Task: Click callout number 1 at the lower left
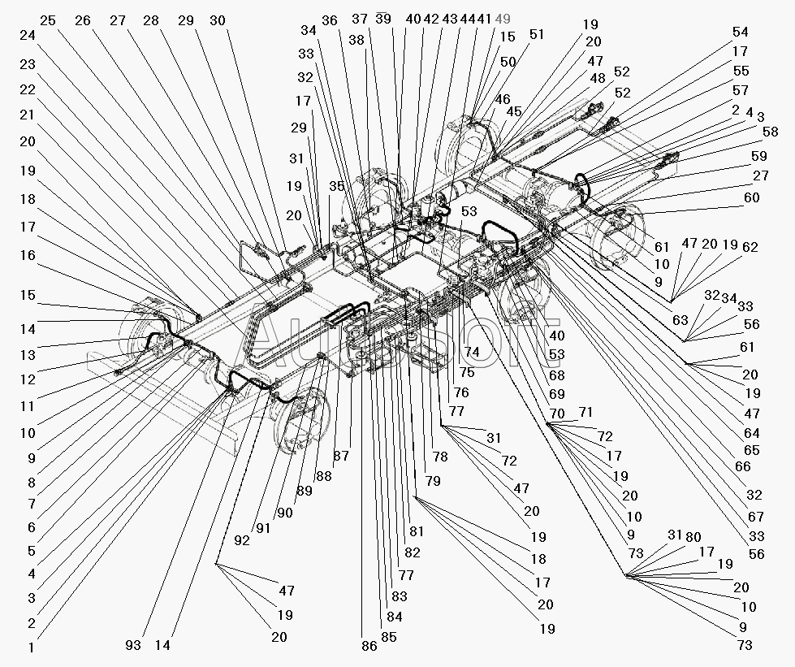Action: point(31,647)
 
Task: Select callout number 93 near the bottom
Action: point(133,645)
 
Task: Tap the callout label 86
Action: point(369,647)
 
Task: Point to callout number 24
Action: point(28,35)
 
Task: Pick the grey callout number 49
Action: point(503,19)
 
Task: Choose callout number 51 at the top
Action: point(536,35)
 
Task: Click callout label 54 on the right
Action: point(741,32)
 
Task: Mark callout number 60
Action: point(752,197)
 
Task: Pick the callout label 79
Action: point(433,481)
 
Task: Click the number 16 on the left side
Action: point(28,255)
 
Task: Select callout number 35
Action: point(337,186)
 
